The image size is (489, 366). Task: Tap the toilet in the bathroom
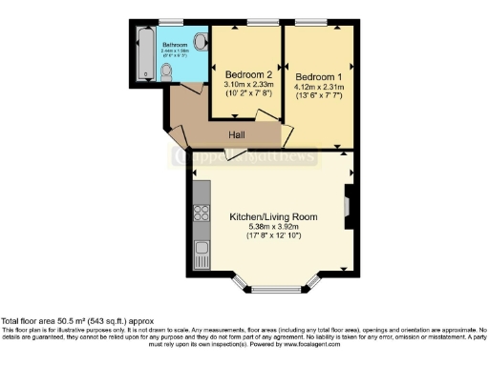166,73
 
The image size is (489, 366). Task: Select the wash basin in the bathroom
200,42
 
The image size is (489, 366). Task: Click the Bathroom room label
174,45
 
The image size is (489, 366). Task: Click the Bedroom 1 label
316,76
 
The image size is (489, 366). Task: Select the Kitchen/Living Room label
272,217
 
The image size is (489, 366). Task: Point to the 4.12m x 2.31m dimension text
316,87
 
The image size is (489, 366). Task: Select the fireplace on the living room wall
348,202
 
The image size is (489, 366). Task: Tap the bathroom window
172,22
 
